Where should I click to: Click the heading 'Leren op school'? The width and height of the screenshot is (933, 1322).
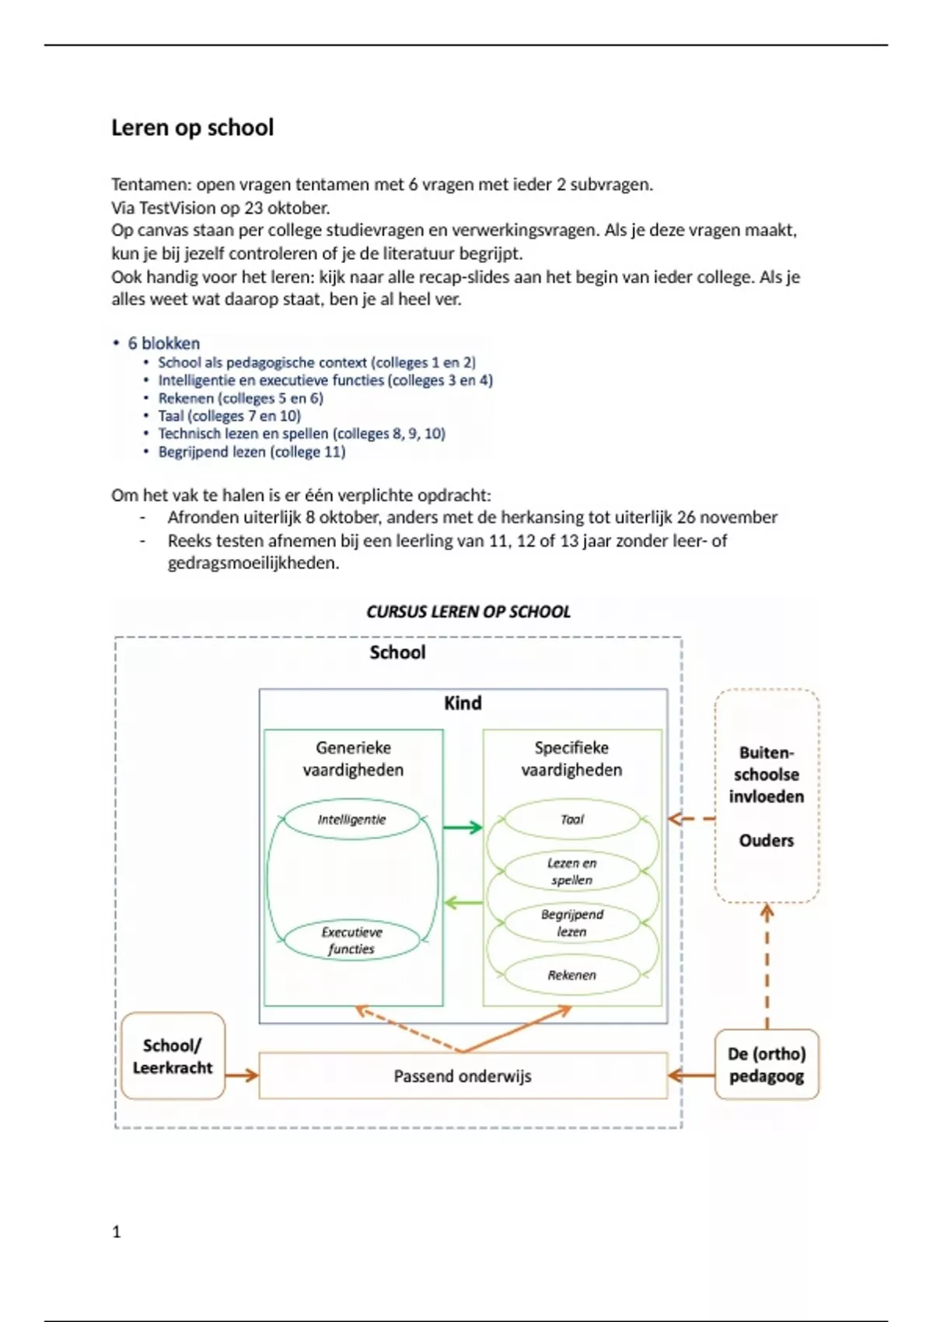pos(192,128)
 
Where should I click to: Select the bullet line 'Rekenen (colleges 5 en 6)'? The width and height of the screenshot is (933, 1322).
pos(240,398)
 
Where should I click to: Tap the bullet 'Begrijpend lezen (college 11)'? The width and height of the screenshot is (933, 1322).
pos(251,452)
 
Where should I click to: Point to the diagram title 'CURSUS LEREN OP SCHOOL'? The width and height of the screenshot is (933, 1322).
pos(468,612)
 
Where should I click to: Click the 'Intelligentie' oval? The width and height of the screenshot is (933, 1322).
pos(351,820)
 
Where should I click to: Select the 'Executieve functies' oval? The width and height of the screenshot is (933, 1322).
pos(351,940)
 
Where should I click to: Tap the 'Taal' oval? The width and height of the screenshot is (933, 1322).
pos(571,820)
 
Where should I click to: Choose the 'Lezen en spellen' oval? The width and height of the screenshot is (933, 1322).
pos(571,872)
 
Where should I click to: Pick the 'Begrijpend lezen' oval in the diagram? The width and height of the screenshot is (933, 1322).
pos(571,923)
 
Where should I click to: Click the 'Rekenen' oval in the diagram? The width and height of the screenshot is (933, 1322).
pos(571,975)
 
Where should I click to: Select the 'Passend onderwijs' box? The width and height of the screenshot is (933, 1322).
pos(463,1076)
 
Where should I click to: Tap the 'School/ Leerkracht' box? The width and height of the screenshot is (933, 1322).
pos(173,1056)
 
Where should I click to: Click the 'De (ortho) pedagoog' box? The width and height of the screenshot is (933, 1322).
pos(767,1065)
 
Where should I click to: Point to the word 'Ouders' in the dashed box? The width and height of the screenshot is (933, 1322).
pos(767,841)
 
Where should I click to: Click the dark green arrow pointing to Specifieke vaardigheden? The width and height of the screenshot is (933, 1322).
pos(463,827)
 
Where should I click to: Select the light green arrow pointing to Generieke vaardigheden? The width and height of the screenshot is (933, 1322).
pos(463,903)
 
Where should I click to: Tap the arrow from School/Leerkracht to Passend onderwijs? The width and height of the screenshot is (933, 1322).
pos(242,1075)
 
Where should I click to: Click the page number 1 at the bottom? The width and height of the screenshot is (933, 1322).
pos(117,1232)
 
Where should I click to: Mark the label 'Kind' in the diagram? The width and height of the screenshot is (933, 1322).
pos(463,703)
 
